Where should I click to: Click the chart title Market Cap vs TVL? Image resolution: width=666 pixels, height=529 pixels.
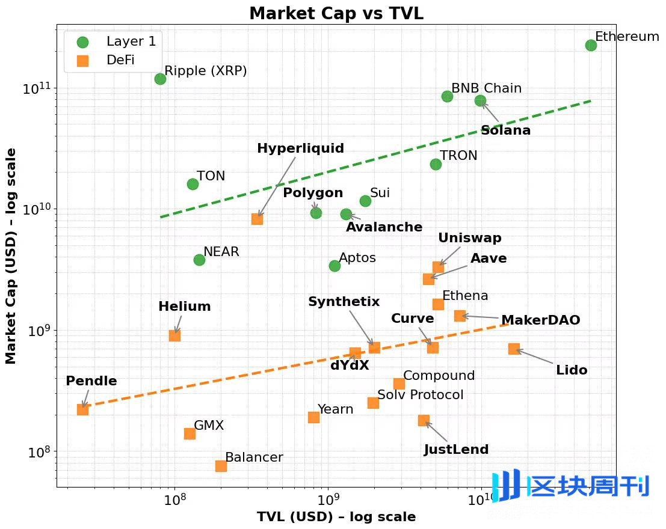point(336,13)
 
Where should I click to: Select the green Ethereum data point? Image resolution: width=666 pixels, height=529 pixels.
point(591,45)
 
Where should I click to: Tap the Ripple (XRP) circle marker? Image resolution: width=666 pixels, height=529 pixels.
point(160,79)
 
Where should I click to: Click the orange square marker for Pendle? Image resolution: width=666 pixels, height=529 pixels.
point(82,409)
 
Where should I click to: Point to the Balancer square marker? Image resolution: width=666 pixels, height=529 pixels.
point(221,466)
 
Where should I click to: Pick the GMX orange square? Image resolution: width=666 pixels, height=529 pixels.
point(190,433)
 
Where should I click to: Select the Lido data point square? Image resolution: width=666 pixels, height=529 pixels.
point(514,349)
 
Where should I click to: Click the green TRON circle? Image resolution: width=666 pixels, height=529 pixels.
point(436,164)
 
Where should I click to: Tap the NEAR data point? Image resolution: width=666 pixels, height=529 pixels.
point(199,260)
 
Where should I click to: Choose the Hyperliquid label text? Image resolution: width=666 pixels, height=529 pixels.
point(300,148)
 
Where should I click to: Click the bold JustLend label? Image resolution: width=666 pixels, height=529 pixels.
point(456,450)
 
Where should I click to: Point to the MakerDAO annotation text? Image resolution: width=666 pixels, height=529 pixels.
point(540,320)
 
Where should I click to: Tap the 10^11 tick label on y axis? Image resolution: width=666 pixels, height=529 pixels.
point(37,90)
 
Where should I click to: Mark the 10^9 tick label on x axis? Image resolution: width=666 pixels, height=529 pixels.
point(328,500)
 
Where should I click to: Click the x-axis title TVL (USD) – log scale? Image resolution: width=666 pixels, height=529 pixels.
point(336,517)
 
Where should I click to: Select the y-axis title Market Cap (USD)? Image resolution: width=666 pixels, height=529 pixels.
point(11,255)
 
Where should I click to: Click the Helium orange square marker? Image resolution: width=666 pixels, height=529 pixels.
point(174,335)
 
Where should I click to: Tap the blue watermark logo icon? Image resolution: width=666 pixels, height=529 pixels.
point(507,486)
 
